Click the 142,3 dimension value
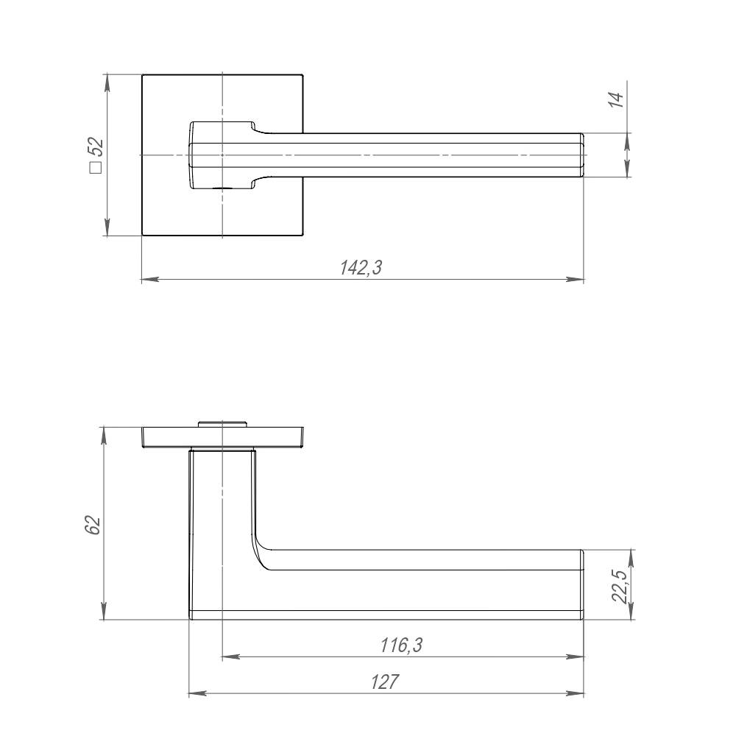click(x=361, y=268)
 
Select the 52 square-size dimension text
click(x=96, y=147)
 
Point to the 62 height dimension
click(x=93, y=526)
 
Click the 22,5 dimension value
click(x=620, y=587)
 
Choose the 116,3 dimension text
click(x=401, y=645)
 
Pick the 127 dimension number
click(x=385, y=682)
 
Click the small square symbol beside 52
click(x=96, y=168)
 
